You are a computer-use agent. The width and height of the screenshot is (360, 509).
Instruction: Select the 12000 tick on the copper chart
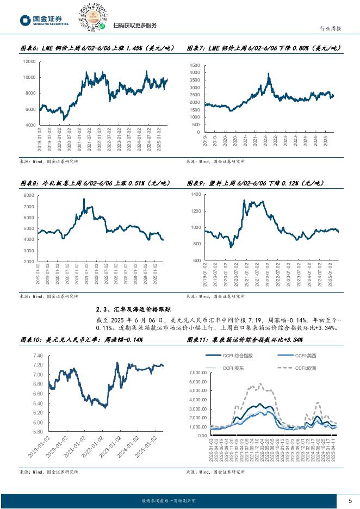pos(29,61)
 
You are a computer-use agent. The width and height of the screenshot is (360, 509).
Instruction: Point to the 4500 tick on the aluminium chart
pos(194,65)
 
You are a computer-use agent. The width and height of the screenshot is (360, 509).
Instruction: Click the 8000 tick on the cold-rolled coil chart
pos(28,195)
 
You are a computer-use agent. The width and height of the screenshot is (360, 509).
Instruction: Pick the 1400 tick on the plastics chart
pos(195,194)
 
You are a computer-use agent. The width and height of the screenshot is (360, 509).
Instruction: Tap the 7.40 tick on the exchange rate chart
pos(37,356)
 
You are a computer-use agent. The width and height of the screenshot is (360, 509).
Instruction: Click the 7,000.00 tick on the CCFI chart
pos(200,373)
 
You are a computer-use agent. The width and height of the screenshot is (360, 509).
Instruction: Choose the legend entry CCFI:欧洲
pos(312,368)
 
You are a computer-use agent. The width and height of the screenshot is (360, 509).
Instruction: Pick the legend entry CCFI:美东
pos(234,368)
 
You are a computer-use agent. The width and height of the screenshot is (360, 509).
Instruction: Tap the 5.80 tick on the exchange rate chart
pos(37,432)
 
